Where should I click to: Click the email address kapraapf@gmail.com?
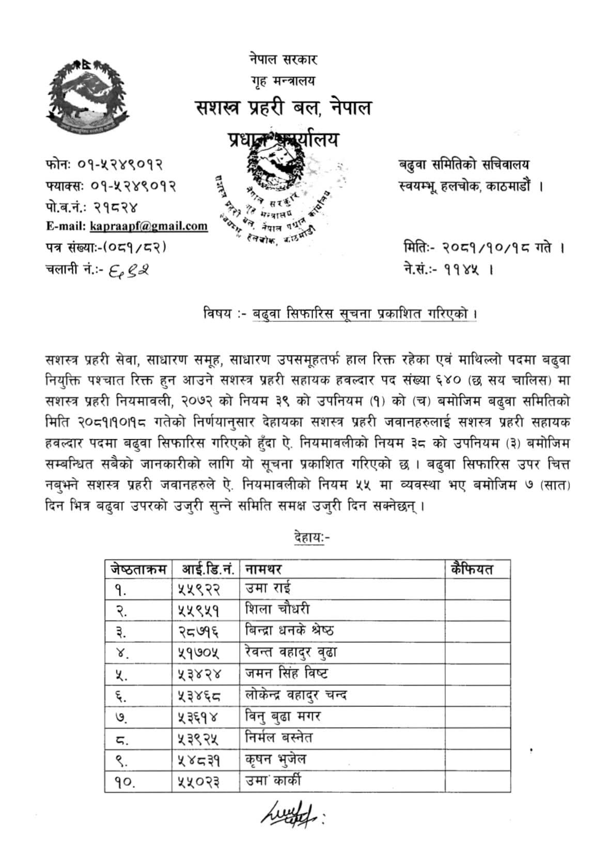pyautogui.click(x=149, y=226)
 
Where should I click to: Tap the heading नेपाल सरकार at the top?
pyautogui.click(x=282, y=59)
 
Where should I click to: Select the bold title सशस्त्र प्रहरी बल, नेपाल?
pyautogui.click(x=283, y=108)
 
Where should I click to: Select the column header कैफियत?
pyautogui.click(x=472, y=569)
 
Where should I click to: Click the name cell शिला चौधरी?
pyautogui.click(x=277, y=610)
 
